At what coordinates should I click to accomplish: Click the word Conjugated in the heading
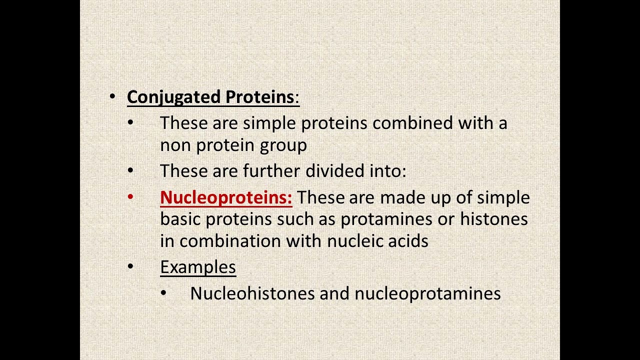click(x=173, y=97)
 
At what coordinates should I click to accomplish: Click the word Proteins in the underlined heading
click(x=259, y=97)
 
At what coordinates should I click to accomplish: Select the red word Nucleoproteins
click(x=226, y=197)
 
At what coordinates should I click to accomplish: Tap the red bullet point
click(x=130, y=196)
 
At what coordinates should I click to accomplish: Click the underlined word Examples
click(x=198, y=267)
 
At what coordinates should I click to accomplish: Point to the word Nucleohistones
click(x=252, y=293)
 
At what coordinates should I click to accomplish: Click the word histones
click(x=493, y=219)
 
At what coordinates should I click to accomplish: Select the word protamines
click(x=386, y=219)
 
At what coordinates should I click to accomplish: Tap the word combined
click(x=412, y=123)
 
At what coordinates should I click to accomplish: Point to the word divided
click(x=335, y=171)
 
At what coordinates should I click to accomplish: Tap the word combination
click(x=230, y=241)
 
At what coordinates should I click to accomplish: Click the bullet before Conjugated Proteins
click(x=112, y=96)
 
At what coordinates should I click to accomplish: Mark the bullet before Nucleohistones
click(x=163, y=292)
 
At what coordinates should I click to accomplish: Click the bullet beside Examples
click(x=130, y=266)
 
